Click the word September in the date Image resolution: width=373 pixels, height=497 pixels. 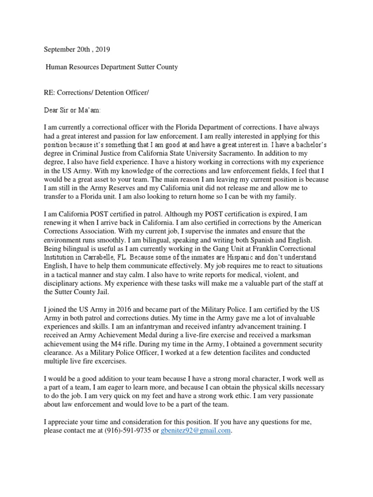point(61,50)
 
